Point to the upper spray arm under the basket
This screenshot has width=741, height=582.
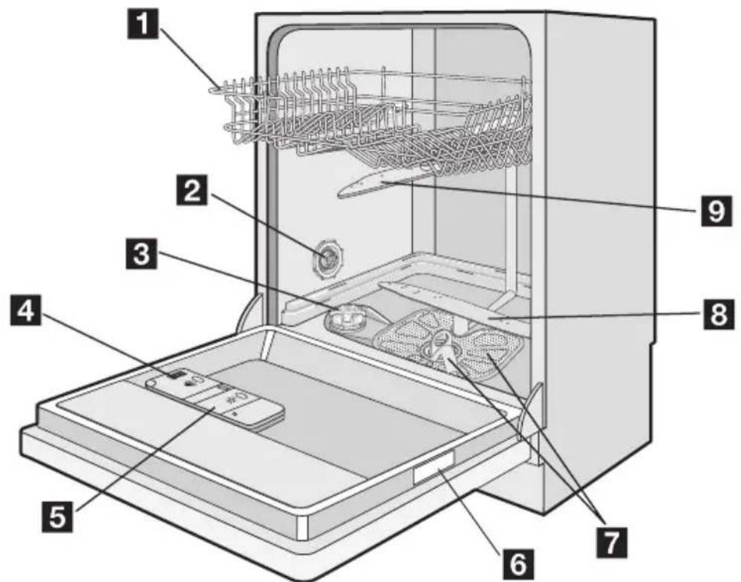tap(386, 183)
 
